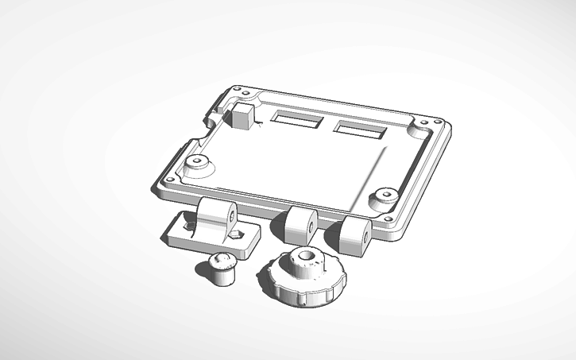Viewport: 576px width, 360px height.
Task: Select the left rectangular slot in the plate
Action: (x=296, y=120)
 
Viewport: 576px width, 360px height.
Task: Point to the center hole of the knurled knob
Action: (x=307, y=257)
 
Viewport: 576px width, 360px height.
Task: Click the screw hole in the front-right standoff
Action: (x=386, y=194)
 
